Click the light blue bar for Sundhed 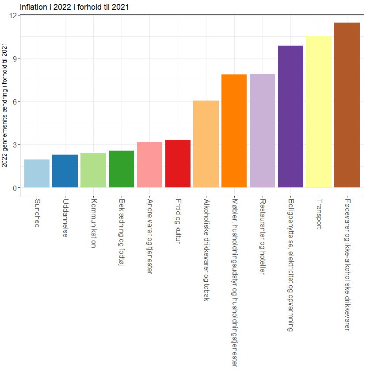coord(37,173)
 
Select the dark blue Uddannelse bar coord(65,171)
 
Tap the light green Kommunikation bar coord(93,170)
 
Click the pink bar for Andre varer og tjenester coord(149,165)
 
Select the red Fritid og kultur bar coord(178,163)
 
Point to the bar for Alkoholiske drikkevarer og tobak coord(206,144)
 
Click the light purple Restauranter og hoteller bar coord(262,131)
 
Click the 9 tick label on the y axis coord(14,58)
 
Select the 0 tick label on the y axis coord(14,188)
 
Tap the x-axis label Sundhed coord(37,214)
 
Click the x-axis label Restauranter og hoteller coord(263,237)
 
